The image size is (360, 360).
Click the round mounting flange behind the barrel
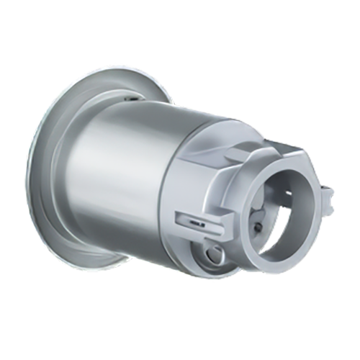pos(54,180)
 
